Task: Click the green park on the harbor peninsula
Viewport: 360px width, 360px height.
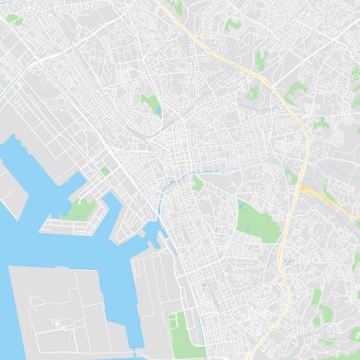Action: (x=81, y=209)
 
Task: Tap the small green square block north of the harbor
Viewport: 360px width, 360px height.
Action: (x=104, y=171)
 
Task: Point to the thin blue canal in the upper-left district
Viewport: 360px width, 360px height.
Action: (x=28, y=76)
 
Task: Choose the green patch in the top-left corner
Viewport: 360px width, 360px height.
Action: (x=17, y=19)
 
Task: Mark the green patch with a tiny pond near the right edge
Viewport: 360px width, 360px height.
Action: (x=322, y=123)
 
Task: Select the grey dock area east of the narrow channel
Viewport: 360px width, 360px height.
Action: (x=152, y=294)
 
